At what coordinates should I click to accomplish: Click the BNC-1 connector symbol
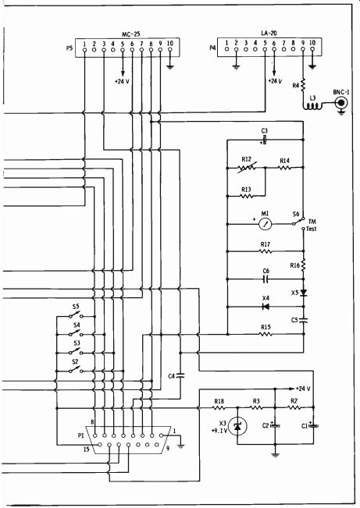coord(340,103)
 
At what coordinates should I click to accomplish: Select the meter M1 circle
coord(266,224)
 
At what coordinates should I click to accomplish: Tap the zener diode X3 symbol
coord(237,426)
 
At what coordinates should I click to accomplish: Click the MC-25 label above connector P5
coord(130,34)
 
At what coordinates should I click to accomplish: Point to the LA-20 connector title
coord(269,33)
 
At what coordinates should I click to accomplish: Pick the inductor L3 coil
coord(313,105)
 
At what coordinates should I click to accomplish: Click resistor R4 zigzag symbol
coord(303,85)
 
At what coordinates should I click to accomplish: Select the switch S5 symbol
coord(76,315)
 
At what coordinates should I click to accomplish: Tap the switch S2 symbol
coord(76,370)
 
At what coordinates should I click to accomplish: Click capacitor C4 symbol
coord(180,376)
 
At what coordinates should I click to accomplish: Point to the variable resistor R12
coord(247,168)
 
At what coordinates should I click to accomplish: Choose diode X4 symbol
coord(266,307)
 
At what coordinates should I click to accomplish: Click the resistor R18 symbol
coord(219,407)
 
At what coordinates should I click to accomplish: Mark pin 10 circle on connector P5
coord(170,50)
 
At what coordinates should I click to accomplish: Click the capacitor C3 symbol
coord(264,140)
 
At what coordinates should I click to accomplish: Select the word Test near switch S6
coord(312,229)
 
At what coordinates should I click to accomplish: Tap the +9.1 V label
coord(219,431)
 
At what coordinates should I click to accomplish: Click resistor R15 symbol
coord(266,334)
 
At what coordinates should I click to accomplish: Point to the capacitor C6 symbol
coord(266,279)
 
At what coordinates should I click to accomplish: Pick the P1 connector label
coord(81,435)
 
